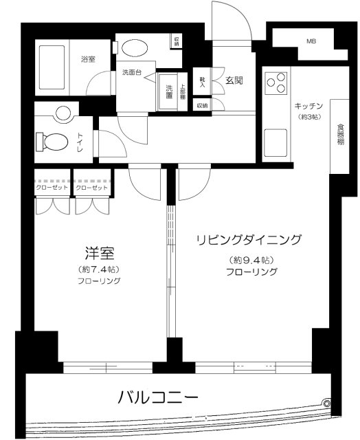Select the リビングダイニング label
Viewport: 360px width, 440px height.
(249, 240)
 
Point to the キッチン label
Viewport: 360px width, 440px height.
(310, 106)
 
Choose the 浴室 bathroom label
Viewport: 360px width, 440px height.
(87, 60)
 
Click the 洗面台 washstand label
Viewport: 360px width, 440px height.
(133, 72)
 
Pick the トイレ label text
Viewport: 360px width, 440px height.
(80, 141)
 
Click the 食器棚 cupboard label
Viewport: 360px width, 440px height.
(341, 135)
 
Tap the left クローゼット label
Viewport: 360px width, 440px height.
(52, 188)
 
